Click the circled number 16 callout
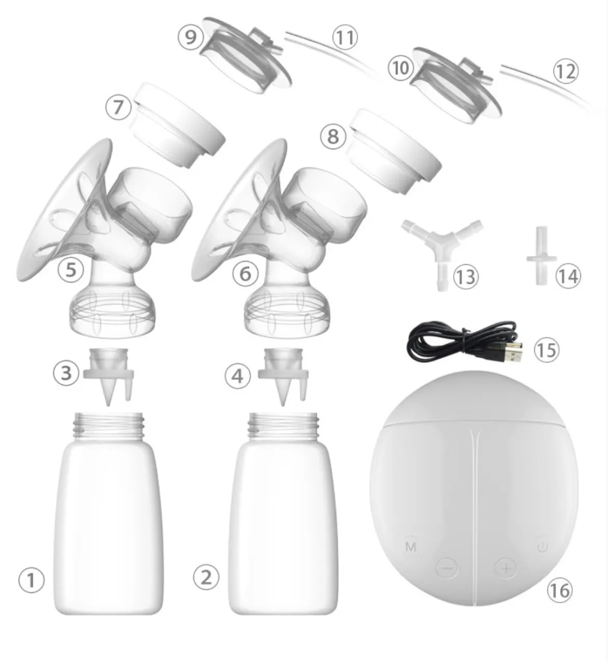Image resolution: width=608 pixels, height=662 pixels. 558,590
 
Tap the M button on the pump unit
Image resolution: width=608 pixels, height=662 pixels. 410,547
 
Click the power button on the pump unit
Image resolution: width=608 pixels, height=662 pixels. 542,546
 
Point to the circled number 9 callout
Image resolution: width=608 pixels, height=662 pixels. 191,37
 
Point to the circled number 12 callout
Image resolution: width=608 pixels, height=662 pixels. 565,71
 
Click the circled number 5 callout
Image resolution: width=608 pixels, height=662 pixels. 70,269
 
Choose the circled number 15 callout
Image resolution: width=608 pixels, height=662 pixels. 545,350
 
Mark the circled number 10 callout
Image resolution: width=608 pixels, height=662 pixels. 400,68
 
